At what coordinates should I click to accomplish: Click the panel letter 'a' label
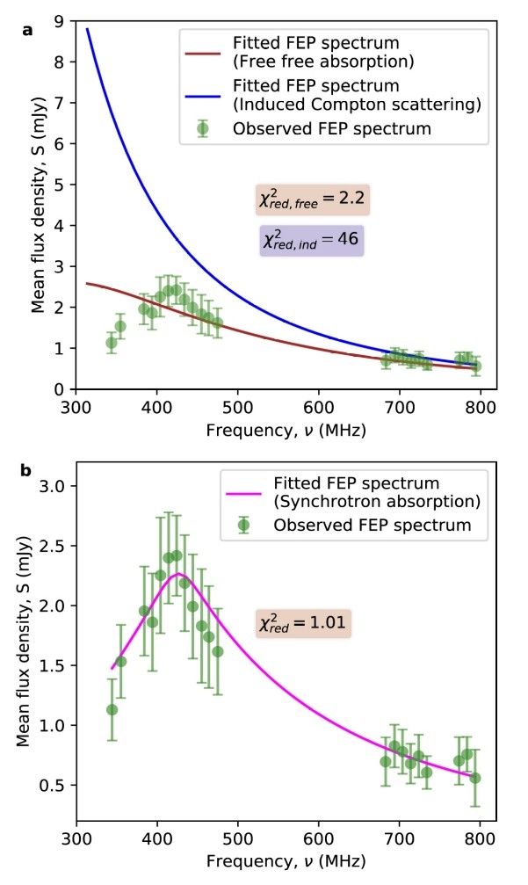(x=28, y=31)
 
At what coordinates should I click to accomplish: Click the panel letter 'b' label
(x=27, y=471)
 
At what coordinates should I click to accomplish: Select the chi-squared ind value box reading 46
(x=311, y=238)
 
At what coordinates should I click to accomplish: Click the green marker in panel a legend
(x=203, y=127)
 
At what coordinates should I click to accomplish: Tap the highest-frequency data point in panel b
(x=475, y=778)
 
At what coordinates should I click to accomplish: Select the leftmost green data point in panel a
(x=112, y=343)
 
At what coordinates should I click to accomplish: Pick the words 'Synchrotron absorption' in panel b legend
(x=365, y=504)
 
